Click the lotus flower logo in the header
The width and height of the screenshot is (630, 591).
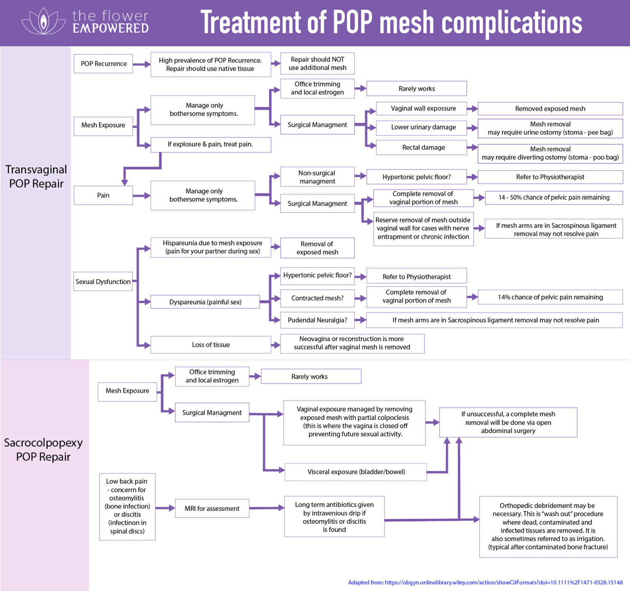tap(43, 21)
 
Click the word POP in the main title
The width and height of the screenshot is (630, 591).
tap(352, 22)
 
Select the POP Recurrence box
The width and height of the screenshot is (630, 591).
tap(103, 64)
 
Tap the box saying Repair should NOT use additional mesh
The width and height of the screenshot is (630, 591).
tap(317, 64)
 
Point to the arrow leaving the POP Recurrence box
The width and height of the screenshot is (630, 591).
tap(142, 64)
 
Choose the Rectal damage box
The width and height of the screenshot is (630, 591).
tap(423, 147)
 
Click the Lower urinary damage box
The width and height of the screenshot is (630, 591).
tap(423, 127)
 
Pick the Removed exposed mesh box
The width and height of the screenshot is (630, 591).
tap(550, 109)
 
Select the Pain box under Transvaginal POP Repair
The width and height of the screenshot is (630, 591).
tap(103, 195)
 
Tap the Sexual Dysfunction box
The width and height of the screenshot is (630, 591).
tap(103, 282)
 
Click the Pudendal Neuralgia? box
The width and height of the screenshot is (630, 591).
tap(317, 320)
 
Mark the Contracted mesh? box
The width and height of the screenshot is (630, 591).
tap(317, 298)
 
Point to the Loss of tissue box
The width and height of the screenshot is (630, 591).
tap(210, 345)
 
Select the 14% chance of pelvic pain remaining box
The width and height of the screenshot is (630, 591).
tap(550, 297)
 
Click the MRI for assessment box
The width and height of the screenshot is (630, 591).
tap(212, 509)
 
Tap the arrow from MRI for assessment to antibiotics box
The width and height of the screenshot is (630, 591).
tap(267, 508)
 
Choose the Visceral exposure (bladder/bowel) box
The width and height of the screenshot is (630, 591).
tap(356, 472)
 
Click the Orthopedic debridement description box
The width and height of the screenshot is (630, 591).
tap(548, 527)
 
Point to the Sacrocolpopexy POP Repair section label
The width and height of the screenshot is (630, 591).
tap(43, 450)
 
